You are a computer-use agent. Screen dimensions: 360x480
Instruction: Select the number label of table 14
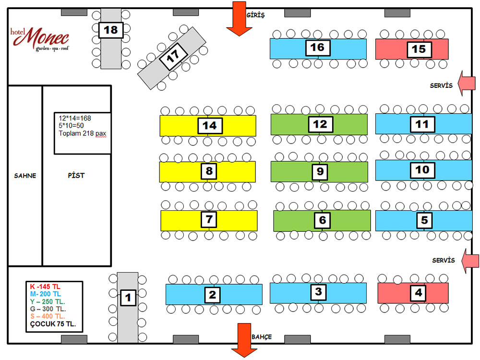[210, 126]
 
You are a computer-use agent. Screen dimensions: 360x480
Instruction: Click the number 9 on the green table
[320, 171]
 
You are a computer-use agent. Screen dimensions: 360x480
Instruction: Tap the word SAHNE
[25, 176]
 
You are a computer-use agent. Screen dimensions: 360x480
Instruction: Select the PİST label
[76, 176]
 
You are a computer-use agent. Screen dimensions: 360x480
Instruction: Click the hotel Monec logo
[40, 39]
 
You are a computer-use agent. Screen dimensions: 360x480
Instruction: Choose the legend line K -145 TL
[45, 287]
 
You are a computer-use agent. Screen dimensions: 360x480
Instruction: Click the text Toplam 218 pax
[82, 133]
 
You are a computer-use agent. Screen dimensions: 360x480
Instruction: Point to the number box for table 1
[128, 298]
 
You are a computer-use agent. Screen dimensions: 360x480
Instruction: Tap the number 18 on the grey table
[111, 30]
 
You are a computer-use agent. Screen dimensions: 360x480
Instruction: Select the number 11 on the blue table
[422, 124]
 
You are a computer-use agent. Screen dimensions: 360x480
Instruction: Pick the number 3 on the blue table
[318, 291]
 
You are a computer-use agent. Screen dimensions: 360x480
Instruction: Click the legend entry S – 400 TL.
[48, 316]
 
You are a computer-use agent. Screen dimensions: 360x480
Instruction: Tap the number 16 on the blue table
[317, 48]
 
